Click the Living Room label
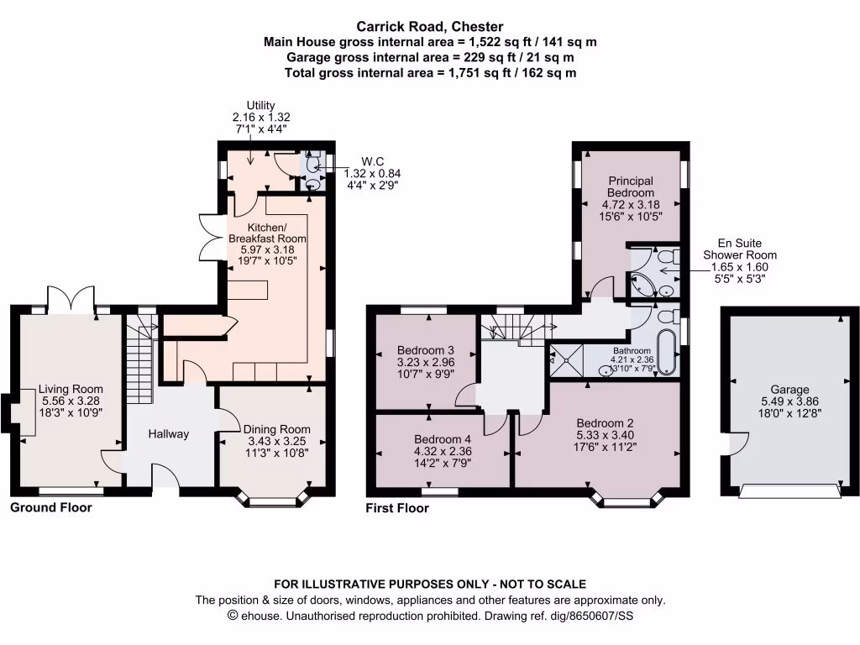point(71,389)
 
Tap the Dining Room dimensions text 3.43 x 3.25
point(276,440)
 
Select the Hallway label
point(169,434)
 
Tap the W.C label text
point(373,161)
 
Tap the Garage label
point(790,390)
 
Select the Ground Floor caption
point(51,508)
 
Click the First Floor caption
point(397,508)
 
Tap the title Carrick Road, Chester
point(430,27)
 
